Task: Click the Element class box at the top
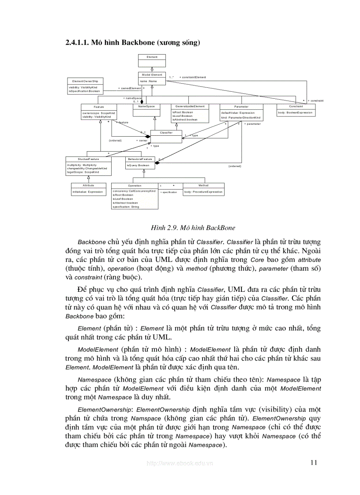152,57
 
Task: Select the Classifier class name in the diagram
166,132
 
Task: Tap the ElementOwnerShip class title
85,81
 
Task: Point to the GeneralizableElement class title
190,106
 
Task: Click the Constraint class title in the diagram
296,106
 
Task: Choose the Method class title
203,186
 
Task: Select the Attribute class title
88,186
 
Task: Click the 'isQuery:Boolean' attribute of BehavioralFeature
138,165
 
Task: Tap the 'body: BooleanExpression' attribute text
295,113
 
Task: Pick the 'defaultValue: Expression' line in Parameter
238,113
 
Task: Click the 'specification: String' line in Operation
126,207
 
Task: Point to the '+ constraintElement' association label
192,77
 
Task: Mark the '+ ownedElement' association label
130,88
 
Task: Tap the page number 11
314,462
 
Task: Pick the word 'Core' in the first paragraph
257,260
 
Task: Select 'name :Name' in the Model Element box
148,82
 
